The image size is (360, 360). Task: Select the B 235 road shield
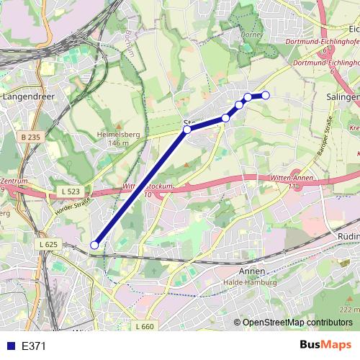point(30,137)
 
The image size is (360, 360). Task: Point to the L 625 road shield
point(48,244)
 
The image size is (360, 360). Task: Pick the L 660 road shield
point(144,326)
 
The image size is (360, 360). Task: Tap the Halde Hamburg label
point(253,282)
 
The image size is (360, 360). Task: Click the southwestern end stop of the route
point(94,246)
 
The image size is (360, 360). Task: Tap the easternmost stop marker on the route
point(265,95)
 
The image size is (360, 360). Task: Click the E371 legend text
point(34,346)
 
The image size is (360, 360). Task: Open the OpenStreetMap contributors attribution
point(297,323)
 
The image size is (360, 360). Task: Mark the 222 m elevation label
point(350,309)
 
